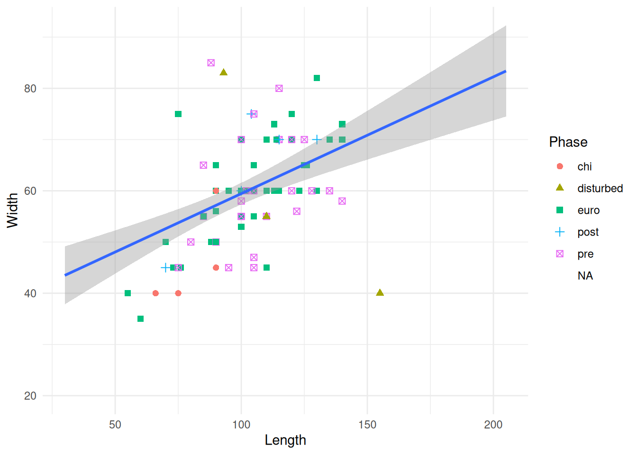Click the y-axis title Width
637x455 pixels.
[x=12, y=210]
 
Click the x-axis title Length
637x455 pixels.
[x=285, y=440]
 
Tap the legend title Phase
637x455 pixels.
[x=568, y=142]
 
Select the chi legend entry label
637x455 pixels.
[x=584, y=167]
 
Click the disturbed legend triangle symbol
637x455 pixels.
[x=560, y=188]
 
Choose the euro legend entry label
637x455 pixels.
[x=588, y=210]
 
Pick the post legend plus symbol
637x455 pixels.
[x=560, y=232]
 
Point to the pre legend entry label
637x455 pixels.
[x=585, y=254]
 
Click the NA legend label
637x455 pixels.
[x=585, y=276]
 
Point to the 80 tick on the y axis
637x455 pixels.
[x=30, y=89]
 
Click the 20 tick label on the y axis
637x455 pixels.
[x=30, y=396]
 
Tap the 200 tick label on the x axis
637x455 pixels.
[x=493, y=425]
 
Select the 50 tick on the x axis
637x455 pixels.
[x=115, y=425]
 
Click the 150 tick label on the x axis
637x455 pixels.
[x=367, y=425]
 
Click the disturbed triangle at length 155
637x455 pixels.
[x=380, y=292]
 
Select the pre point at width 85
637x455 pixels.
[x=211, y=63]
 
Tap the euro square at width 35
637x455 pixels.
[x=140, y=319]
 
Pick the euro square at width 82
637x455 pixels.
[x=317, y=78]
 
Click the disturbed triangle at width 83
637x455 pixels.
[x=224, y=73]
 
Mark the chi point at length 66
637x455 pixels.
[x=155, y=293]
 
